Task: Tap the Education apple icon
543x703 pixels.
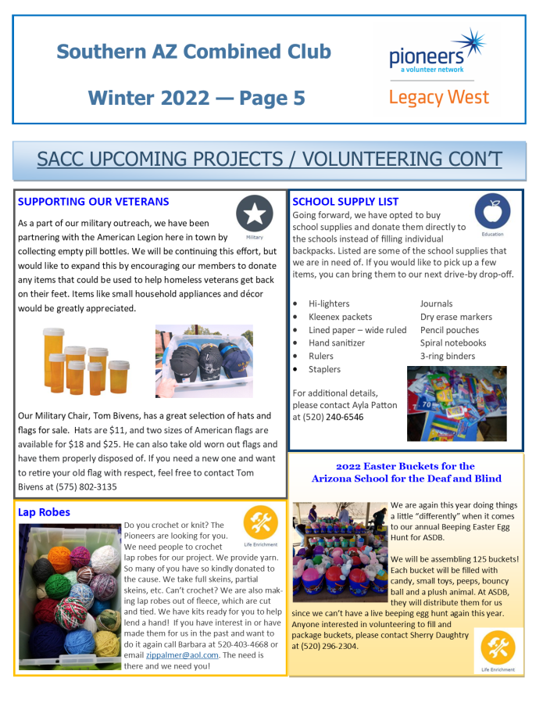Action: pyautogui.click(x=492, y=212)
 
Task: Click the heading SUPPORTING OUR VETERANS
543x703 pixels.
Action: pyautogui.click(x=93, y=202)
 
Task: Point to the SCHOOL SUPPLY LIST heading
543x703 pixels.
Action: pyautogui.click(x=345, y=202)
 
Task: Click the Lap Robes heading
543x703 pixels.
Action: pyautogui.click(x=44, y=513)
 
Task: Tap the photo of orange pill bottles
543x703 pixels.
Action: pyautogui.click(x=85, y=360)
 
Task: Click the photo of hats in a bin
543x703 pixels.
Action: pyautogui.click(x=204, y=360)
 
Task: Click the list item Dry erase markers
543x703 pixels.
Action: pyautogui.click(x=455, y=317)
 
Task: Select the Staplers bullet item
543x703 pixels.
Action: pyautogui.click(x=324, y=369)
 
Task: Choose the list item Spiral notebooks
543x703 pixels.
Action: pyautogui.click(x=452, y=343)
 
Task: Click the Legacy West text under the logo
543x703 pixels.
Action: pyautogui.click(x=438, y=98)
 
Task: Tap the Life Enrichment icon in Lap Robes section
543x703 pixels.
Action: pyautogui.click(x=259, y=523)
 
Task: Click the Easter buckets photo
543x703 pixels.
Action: pyautogui.click(x=338, y=553)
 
